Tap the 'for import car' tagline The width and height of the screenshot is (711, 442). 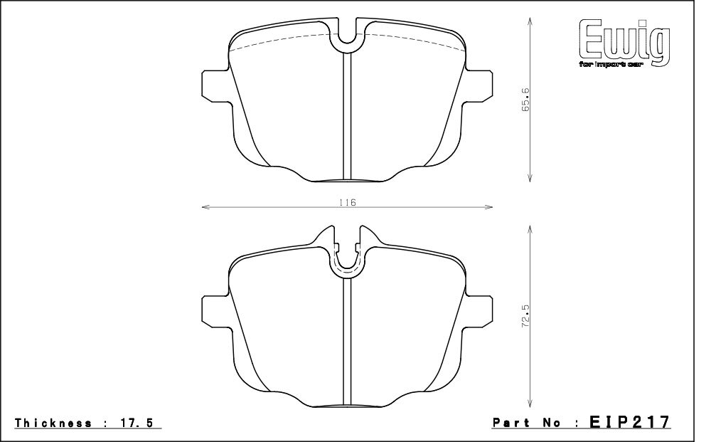[x=611, y=65]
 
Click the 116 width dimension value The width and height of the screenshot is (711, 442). [x=348, y=202]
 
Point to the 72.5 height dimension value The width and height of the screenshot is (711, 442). [x=525, y=316]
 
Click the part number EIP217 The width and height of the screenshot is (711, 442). [x=629, y=421]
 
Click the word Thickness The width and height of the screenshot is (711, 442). [x=53, y=423]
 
